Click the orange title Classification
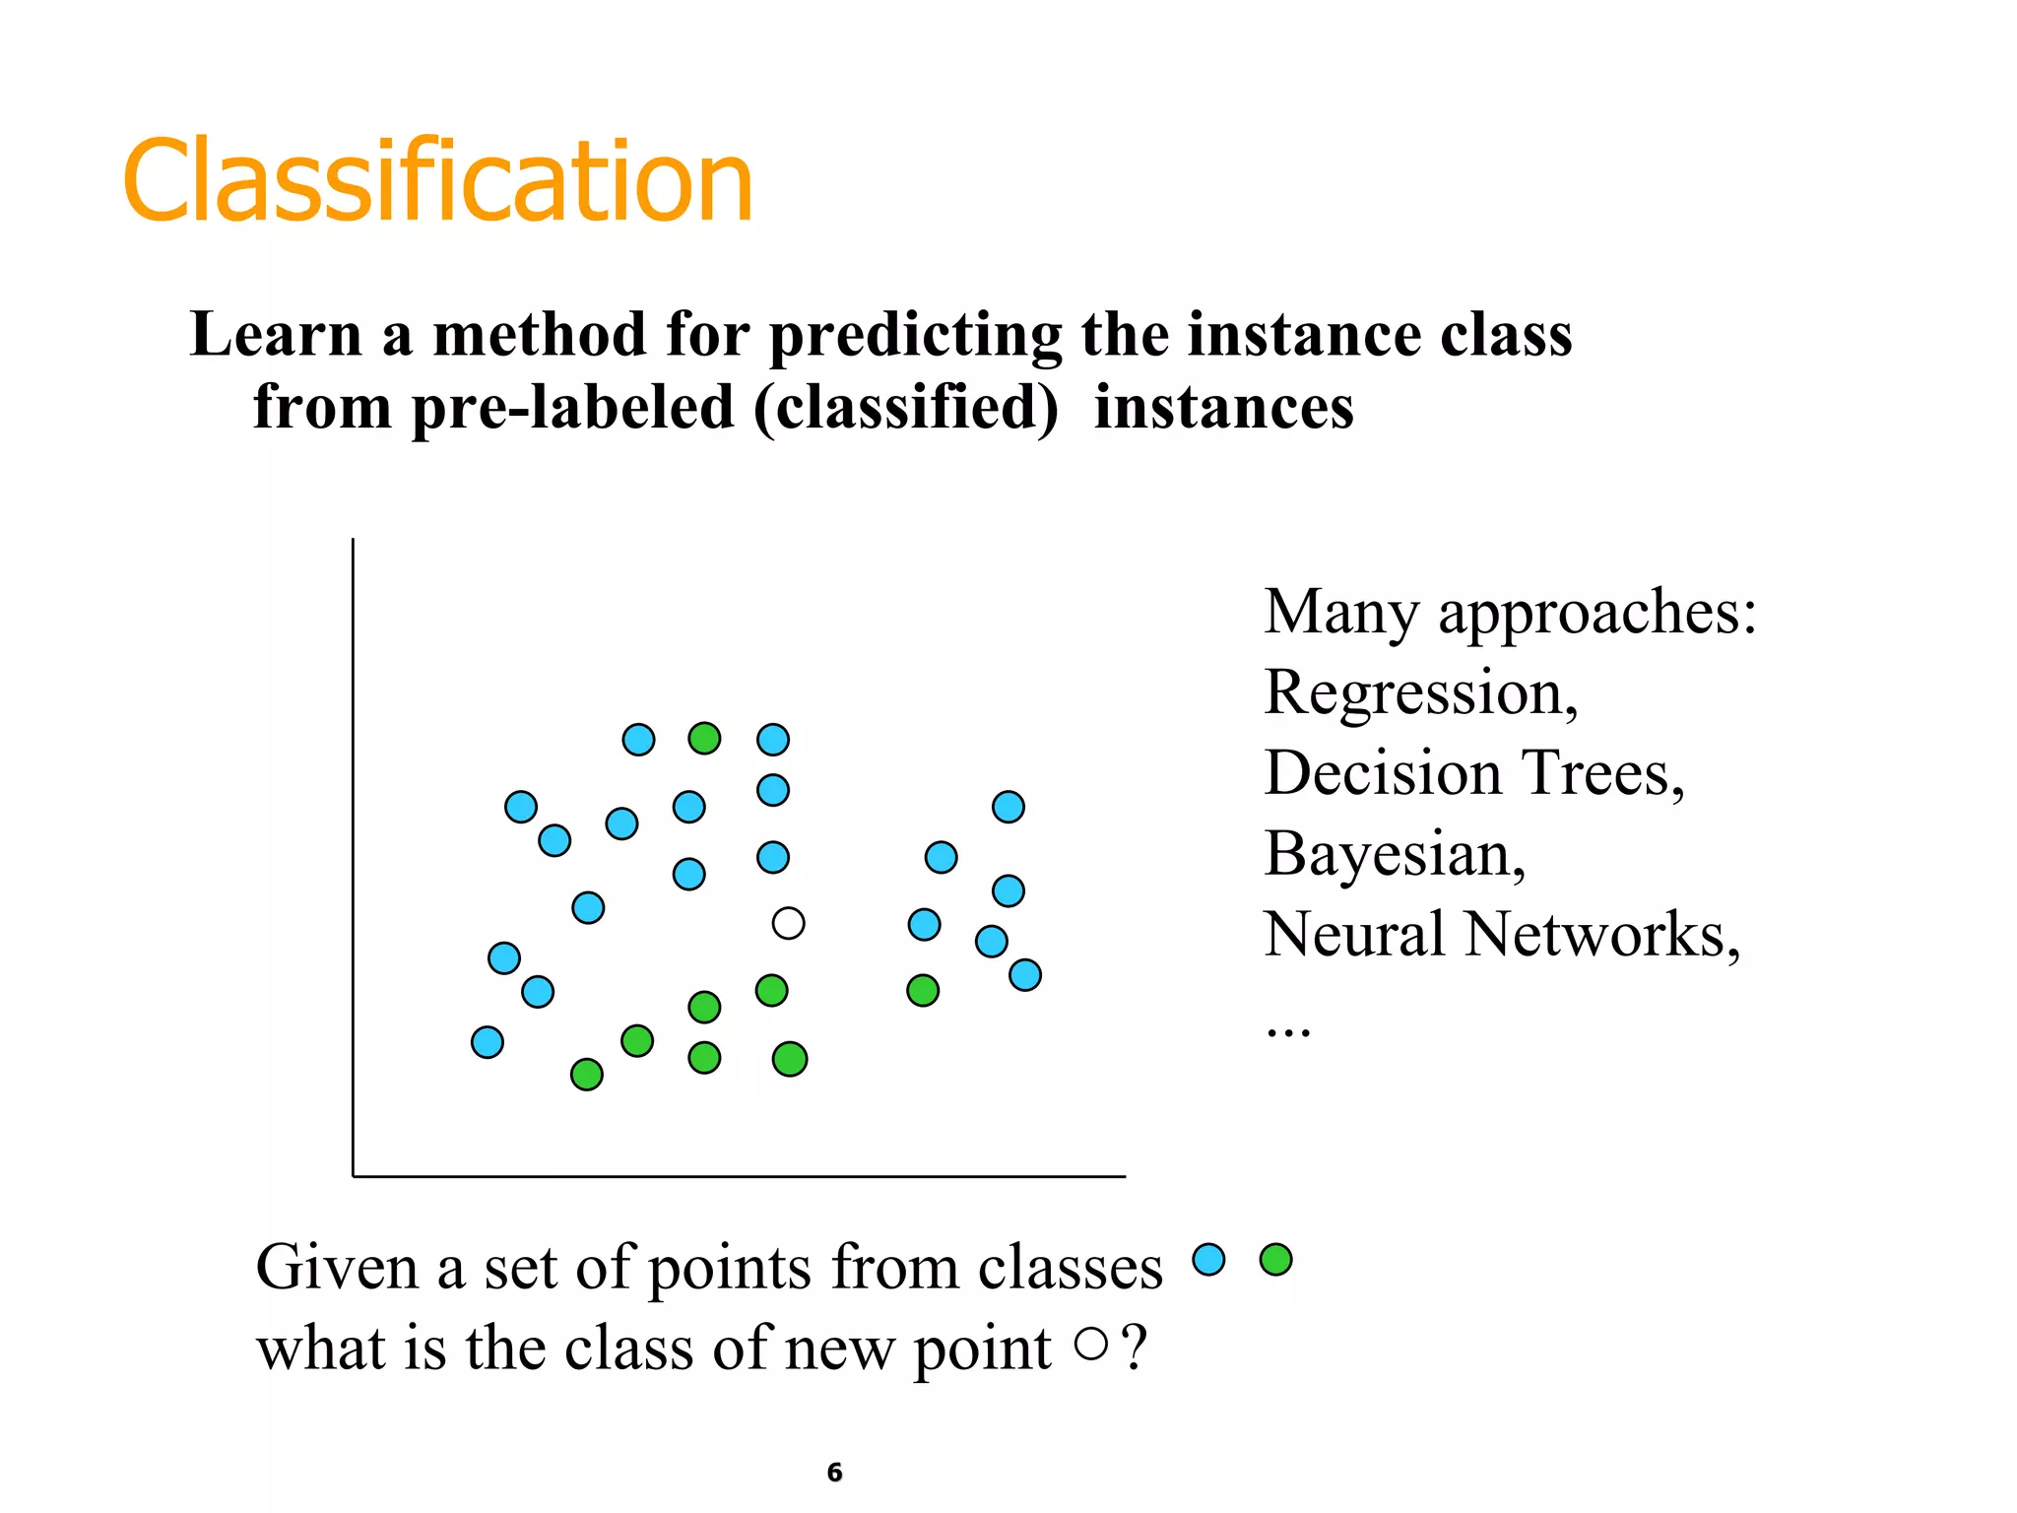coord(437,182)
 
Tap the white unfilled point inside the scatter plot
coord(788,923)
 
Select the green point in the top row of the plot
coord(704,738)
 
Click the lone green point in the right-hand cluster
coord(923,990)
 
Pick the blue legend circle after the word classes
coord(1208,1259)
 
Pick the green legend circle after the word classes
coord(1275,1259)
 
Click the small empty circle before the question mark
coord(1091,1344)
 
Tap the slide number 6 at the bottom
coord(834,1472)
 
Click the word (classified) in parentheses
coord(906,408)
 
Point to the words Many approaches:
coord(1509,613)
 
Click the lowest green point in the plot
coord(587,1074)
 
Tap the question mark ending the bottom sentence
coord(1134,1347)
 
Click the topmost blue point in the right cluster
coord(1008,807)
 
